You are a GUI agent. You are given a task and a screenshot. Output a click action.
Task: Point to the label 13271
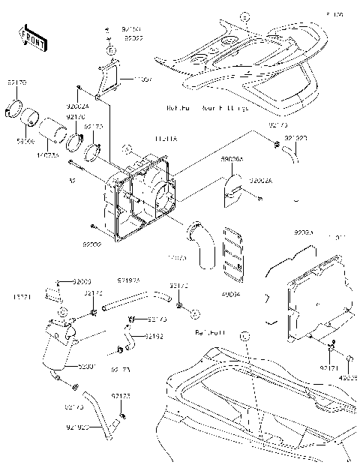click(x=23, y=297)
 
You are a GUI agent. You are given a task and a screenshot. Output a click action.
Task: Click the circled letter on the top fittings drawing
click(x=242, y=16)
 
